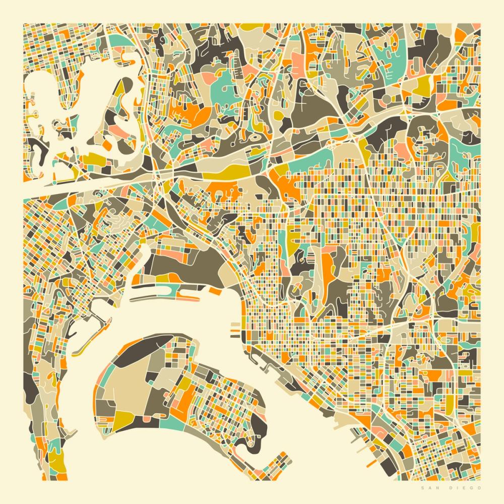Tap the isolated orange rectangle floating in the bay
pyautogui.click(x=214, y=291)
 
